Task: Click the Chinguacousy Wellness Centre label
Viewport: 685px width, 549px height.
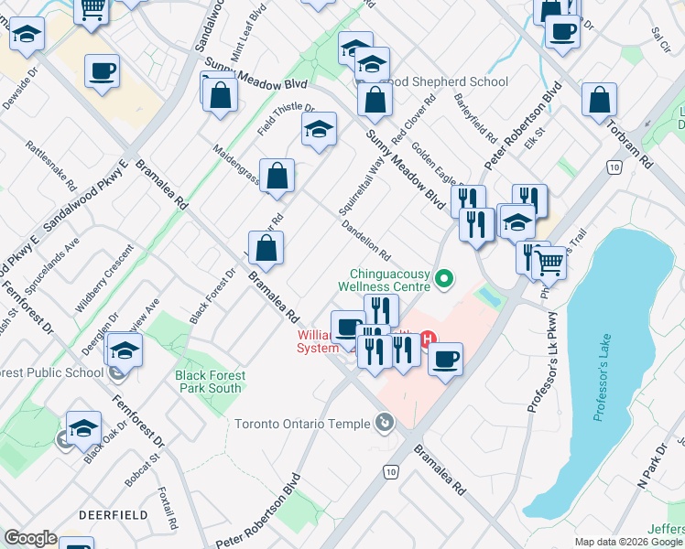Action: [389, 280]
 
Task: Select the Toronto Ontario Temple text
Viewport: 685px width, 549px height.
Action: [302, 424]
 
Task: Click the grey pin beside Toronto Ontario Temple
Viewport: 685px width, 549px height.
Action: [385, 423]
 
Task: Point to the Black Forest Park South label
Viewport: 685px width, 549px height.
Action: [211, 382]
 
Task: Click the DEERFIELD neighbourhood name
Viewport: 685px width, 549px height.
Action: [114, 515]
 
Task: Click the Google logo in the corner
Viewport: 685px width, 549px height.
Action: [30, 538]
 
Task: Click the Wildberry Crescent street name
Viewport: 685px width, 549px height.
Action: [104, 280]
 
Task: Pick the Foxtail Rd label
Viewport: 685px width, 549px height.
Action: [166, 500]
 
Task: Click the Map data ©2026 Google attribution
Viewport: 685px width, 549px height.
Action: [628, 542]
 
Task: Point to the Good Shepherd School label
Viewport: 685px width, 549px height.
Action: [451, 81]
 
